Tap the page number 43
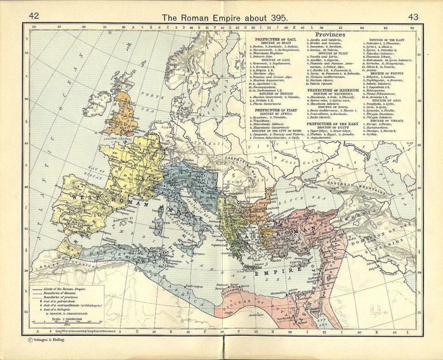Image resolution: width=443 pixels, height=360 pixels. tap(413, 17)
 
